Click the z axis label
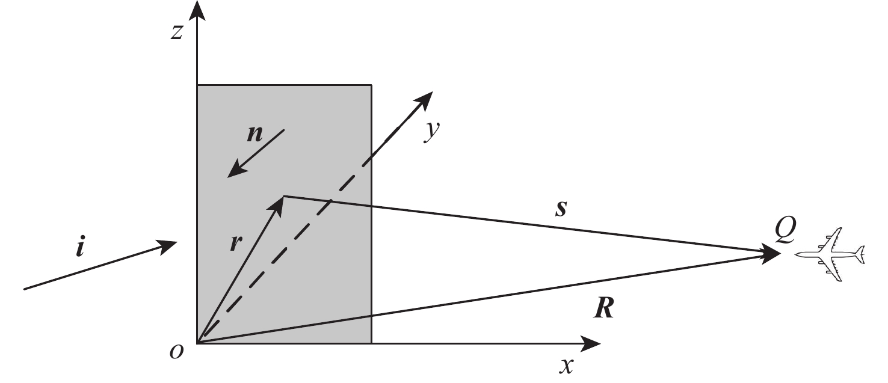click(x=176, y=32)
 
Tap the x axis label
click(x=567, y=366)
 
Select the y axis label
click(x=432, y=131)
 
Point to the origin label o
click(x=176, y=351)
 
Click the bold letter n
click(x=254, y=134)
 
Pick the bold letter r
click(x=236, y=242)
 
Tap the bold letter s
click(x=561, y=208)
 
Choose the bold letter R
click(x=604, y=308)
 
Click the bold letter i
click(x=81, y=247)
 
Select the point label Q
click(x=785, y=229)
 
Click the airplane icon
click(x=830, y=254)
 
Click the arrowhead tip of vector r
click(x=284, y=196)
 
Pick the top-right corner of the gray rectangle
click(x=371, y=85)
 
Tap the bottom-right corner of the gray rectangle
click(x=371, y=343)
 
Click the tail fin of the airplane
click(x=860, y=254)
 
